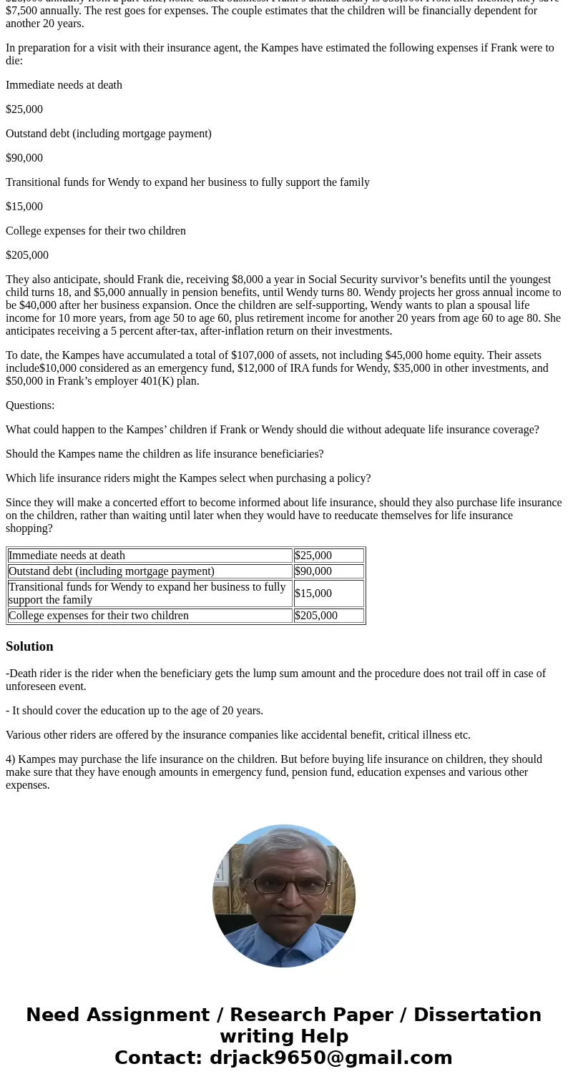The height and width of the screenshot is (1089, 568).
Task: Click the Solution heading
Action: point(29,646)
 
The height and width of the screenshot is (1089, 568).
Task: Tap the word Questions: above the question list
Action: point(30,405)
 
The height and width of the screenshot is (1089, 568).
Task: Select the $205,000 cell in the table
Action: point(315,616)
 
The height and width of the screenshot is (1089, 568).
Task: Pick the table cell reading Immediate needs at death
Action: point(67,556)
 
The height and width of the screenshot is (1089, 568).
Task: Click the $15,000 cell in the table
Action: point(313,593)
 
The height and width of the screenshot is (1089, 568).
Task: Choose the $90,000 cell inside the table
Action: point(313,571)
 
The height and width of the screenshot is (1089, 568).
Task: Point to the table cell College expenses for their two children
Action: point(99,616)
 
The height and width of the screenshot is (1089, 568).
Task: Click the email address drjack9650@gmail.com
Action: point(330,1058)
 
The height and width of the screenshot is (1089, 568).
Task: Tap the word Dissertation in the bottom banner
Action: point(477,1015)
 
